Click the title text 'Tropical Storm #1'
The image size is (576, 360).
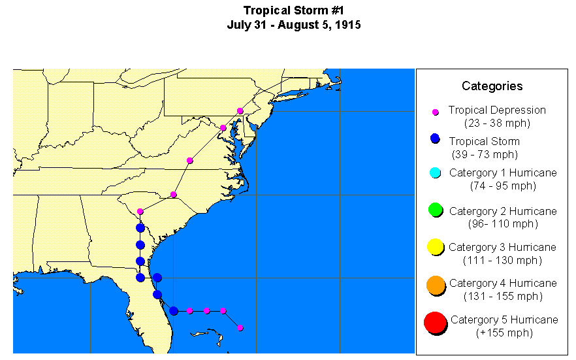pyautogui.click(x=293, y=10)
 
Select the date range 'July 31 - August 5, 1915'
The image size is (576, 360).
pyautogui.click(x=293, y=25)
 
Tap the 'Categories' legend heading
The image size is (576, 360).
pyautogui.click(x=492, y=86)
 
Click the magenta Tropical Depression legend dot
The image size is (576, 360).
pyautogui.click(x=436, y=112)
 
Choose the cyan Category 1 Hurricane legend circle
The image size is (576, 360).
pyautogui.click(x=436, y=172)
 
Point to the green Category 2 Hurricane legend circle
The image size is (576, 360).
pyautogui.click(x=436, y=210)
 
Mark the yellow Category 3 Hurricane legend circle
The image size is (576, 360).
pyautogui.click(x=436, y=247)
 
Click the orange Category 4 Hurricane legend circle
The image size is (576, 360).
pyautogui.click(x=436, y=285)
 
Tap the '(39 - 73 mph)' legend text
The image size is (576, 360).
pyautogui.click(x=485, y=154)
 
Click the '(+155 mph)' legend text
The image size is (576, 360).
pyautogui.click(x=504, y=333)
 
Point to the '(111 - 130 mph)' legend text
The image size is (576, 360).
pyautogui.click(x=502, y=260)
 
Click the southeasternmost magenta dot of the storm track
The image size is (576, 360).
pyautogui.click(x=240, y=328)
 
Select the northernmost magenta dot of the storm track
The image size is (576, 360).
pyautogui.click(x=240, y=111)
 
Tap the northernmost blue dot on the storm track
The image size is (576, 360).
pyautogui.click(x=140, y=228)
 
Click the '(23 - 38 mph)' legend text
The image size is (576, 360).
pyautogui.click(x=497, y=123)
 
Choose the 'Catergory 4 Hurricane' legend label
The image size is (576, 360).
pyautogui.click(x=503, y=283)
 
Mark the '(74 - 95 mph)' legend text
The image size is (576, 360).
pyautogui.click(x=503, y=186)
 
